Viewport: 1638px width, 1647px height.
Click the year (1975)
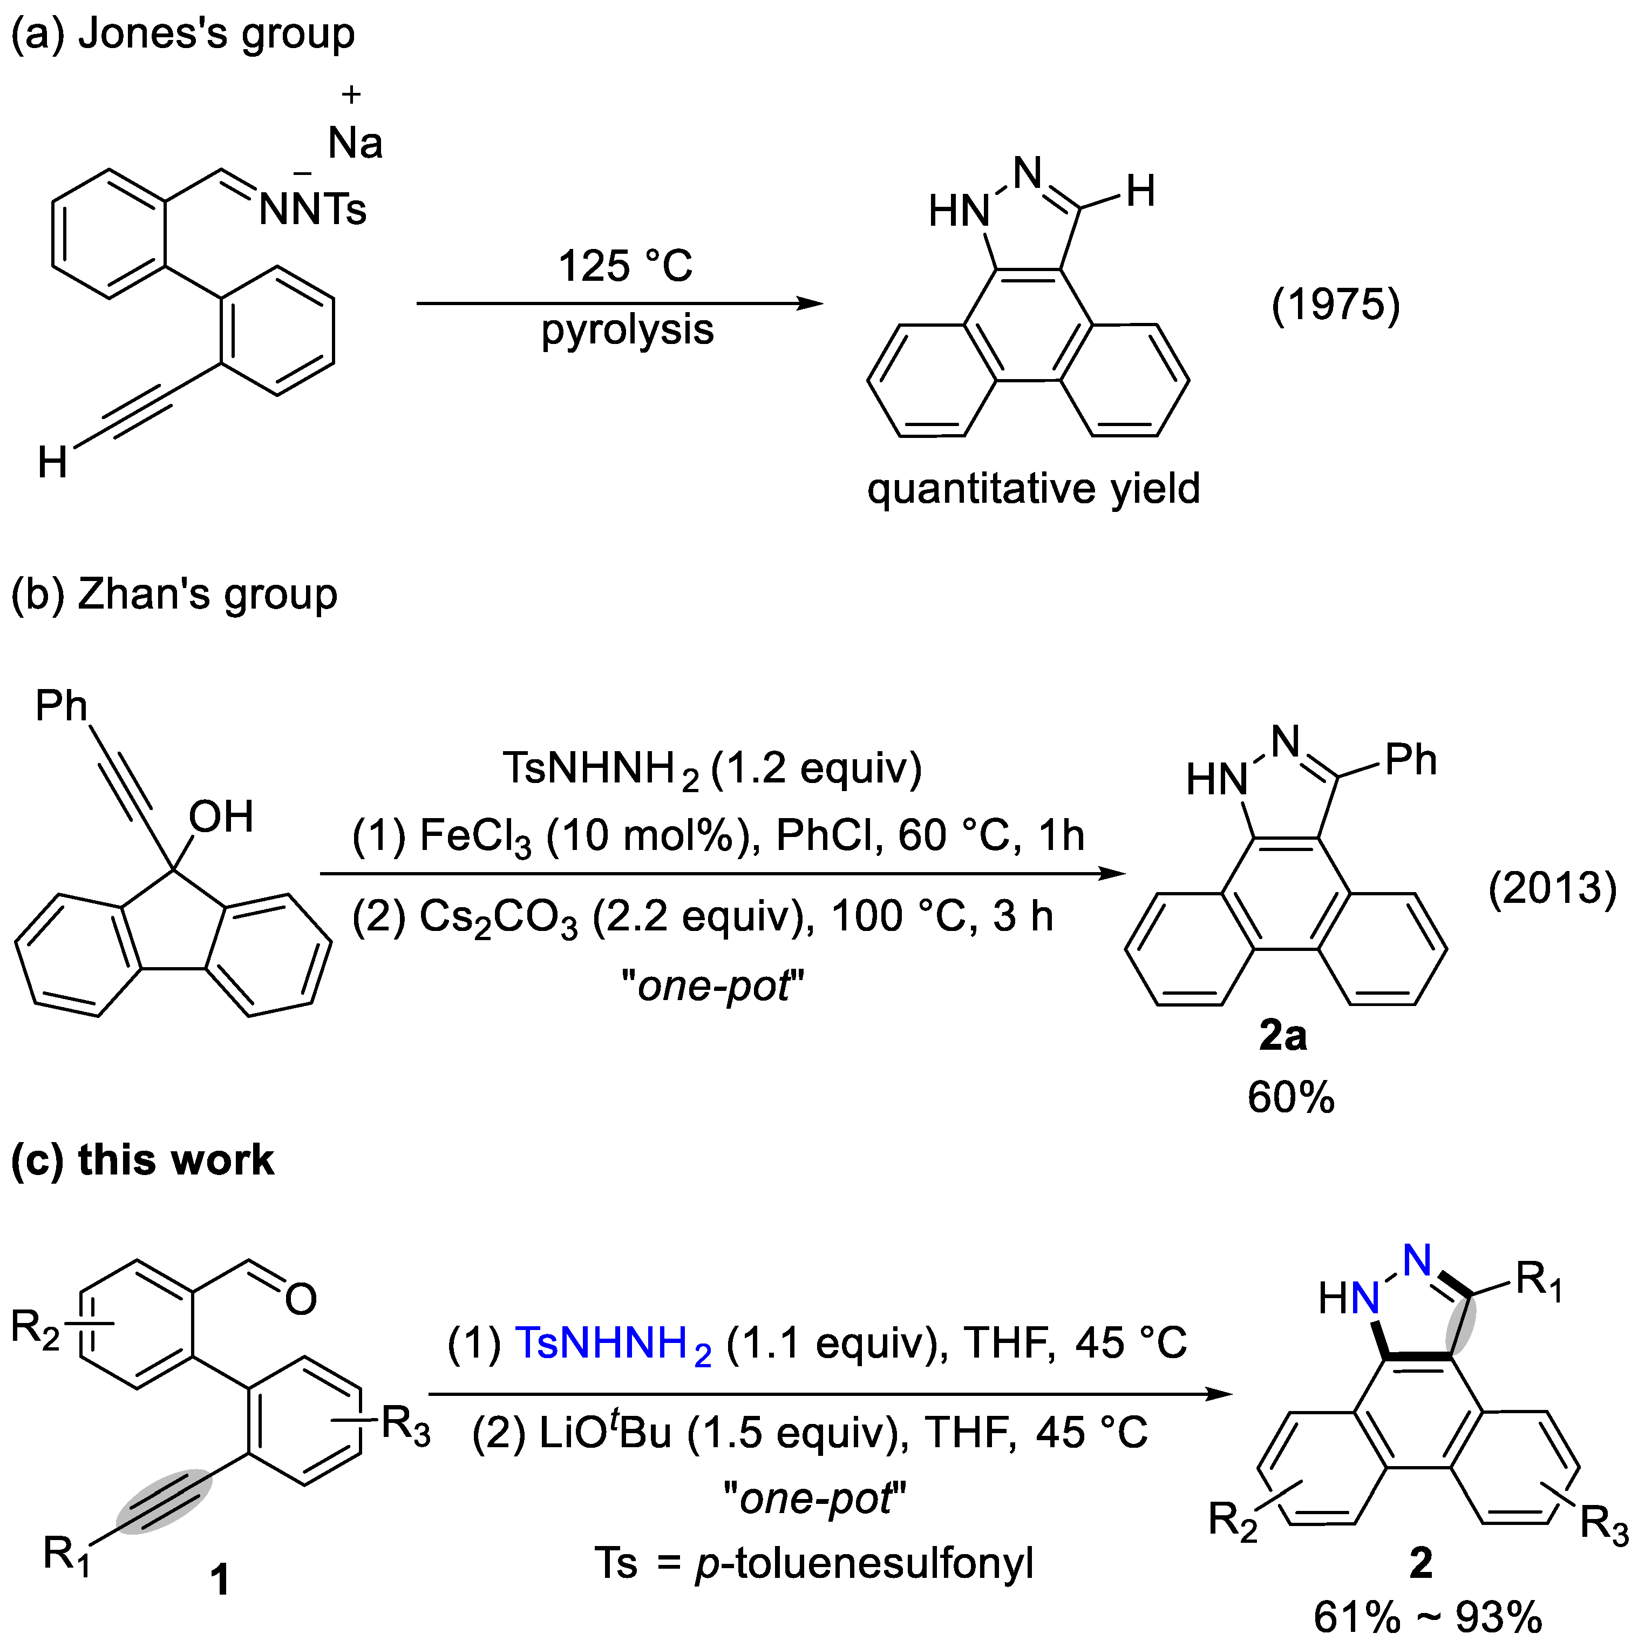[1335, 305]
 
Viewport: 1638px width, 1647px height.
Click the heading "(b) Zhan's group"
[174, 594]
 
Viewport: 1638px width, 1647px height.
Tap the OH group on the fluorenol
[221, 816]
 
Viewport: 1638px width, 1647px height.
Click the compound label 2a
[1283, 1036]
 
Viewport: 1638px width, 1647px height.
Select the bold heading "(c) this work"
[142, 1160]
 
